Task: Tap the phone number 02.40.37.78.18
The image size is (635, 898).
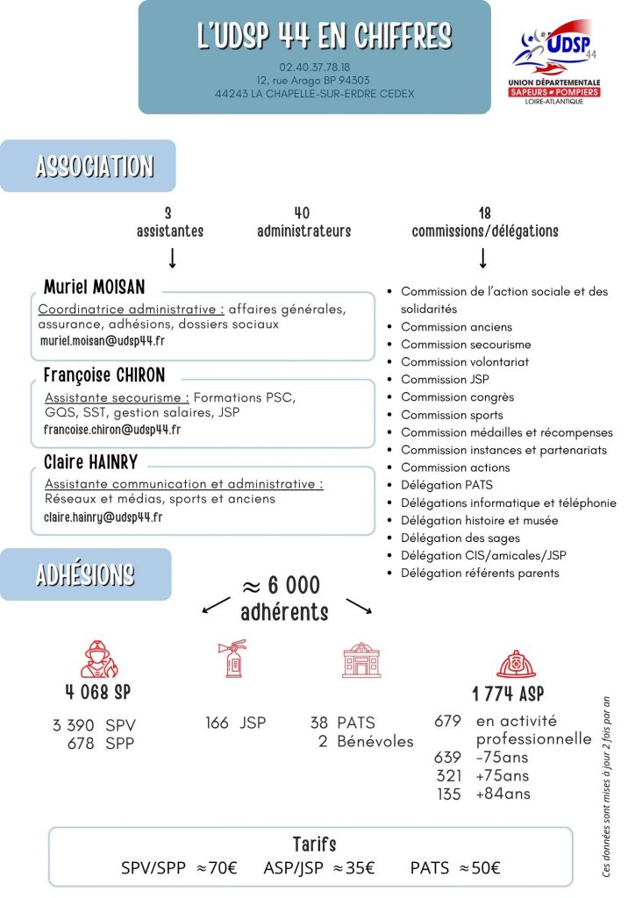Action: click(314, 67)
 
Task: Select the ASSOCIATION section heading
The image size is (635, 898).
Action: click(95, 167)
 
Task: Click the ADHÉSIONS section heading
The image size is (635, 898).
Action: click(85, 575)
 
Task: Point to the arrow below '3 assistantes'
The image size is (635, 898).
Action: click(172, 258)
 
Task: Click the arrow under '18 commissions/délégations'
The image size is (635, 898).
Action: click(482, 258)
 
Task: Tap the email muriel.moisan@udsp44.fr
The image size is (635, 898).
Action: click(103, 341)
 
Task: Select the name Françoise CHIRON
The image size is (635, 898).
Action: click(104, 375)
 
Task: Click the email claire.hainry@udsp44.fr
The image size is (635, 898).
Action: click(103, 517)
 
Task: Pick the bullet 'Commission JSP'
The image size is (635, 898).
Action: click(445, 380)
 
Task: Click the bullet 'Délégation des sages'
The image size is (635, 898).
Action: click(460, 538)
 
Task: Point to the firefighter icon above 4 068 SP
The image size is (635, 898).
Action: click(98, 658)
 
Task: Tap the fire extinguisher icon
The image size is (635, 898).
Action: click(231, 658)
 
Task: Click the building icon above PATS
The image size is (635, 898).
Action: click(361, 659)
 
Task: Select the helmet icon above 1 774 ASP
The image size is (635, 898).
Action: click(516, 664)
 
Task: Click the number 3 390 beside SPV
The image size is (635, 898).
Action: click(74, 725)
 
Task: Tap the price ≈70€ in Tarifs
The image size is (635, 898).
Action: click(217, 868)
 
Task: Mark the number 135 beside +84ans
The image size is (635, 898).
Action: click(449, 795)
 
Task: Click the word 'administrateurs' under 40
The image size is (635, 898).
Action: click(303, 232)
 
